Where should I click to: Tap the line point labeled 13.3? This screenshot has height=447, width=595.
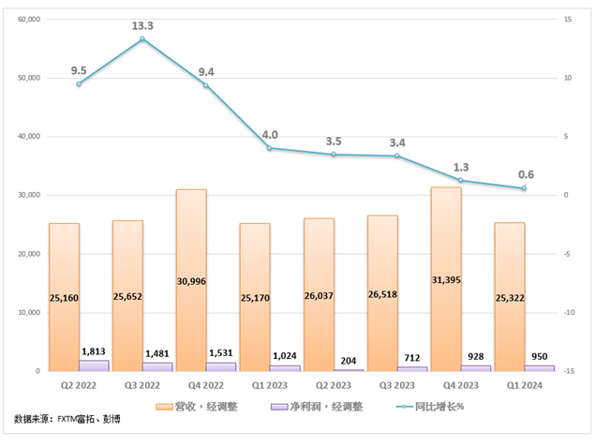coord(142,39)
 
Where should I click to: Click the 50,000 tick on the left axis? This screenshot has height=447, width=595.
coord(28,78)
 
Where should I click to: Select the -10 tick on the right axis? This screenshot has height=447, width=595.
coord(568,312)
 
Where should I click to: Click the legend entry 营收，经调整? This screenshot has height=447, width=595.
coord(202,407)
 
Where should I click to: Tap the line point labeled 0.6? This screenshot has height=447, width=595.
coord(524,188)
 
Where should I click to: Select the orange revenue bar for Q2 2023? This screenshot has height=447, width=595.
coord(319,294)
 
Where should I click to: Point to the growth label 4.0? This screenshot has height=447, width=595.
coord(269,134)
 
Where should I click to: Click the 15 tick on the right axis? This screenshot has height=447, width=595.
coord(568,19)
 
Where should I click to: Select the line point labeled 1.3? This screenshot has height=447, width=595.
coord(460,180)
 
